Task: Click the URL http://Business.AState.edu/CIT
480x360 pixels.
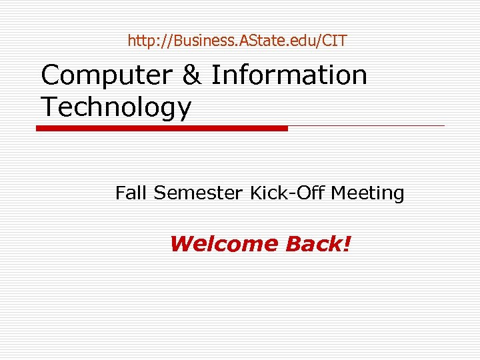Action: pyautogui.click(x=237, y=41)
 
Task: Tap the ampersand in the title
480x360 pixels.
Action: pyautogui.click(x=191, y=75)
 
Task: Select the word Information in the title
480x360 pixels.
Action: pyautogui.click(x=289, y=75)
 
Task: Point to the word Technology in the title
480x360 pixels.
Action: pyautogui.click(x=116, y=107)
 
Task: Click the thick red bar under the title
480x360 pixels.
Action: pyautogui.click(x=162, y=128)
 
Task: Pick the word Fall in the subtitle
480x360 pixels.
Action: pyautogui.click(x=131, y=193)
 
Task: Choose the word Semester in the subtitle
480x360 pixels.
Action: pyautogui.click(x=199, y=193)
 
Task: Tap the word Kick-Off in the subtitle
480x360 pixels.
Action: pyautogui.click(x=287, y=193)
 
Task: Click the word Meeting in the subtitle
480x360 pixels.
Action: pyautogui.click(x=367, y=194)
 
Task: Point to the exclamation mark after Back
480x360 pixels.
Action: pyautogui.click(x=345, y=244)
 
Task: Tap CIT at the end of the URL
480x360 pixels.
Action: pyautogui.click(x=334, y=41)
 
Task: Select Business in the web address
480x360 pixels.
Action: pyautogui.click(x=202, y=41)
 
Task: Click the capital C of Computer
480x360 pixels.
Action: pyautogui.click(x=51, y=75)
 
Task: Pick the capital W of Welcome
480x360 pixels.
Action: pyautogui.click(x=181, y=244)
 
